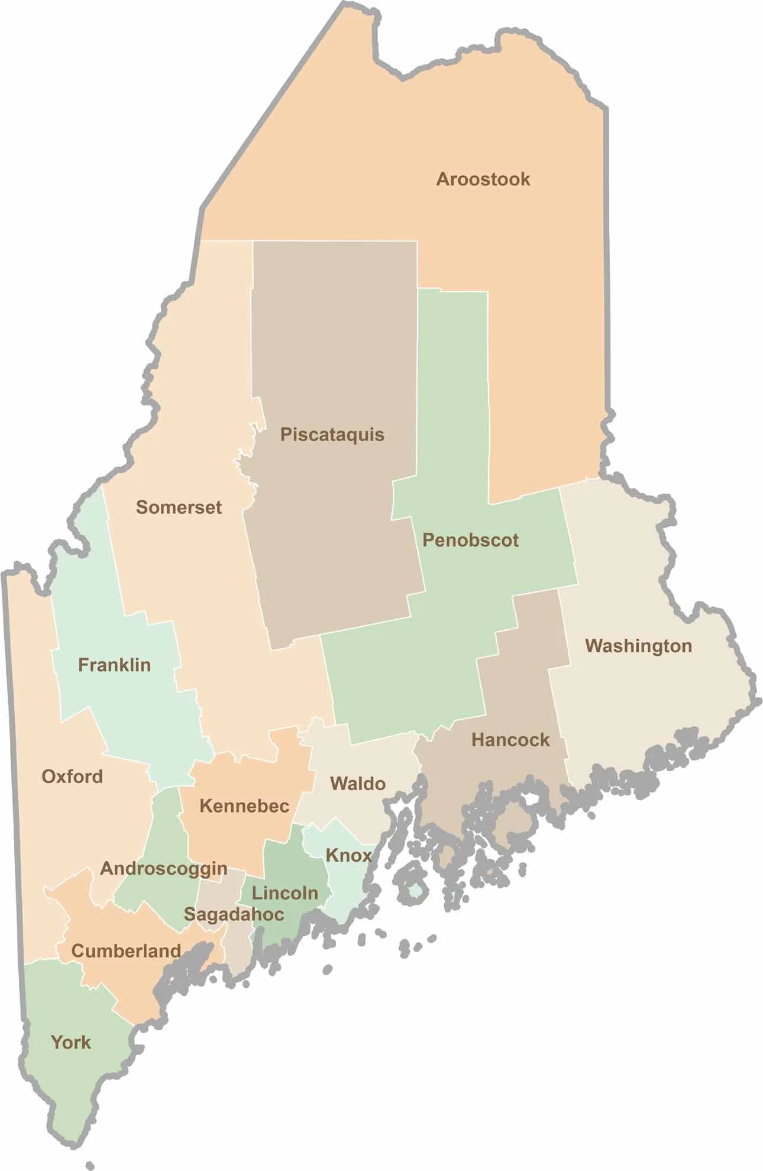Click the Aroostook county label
coord(483,179)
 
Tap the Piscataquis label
coord(332,435)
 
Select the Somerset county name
coord(179,507)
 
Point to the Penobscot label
coord(470,540)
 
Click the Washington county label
coord(638,646)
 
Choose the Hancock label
coord(510,740)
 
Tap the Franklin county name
coord(114,665)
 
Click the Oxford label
coord(72,777)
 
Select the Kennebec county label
coord(244,806)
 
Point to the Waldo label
coord(358,784)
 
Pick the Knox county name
coord(349,855)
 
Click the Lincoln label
coord(285,893)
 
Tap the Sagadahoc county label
coord(234,914)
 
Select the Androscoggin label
coord(164,868)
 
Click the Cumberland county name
coord(126,951)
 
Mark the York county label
coord(71,1042)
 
